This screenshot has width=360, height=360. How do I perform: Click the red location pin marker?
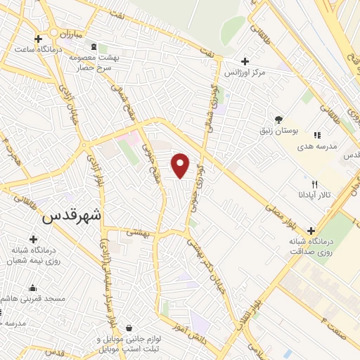(181, 165)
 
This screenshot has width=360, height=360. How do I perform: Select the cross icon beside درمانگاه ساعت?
(37, 38)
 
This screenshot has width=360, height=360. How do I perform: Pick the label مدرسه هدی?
(335, 146)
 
